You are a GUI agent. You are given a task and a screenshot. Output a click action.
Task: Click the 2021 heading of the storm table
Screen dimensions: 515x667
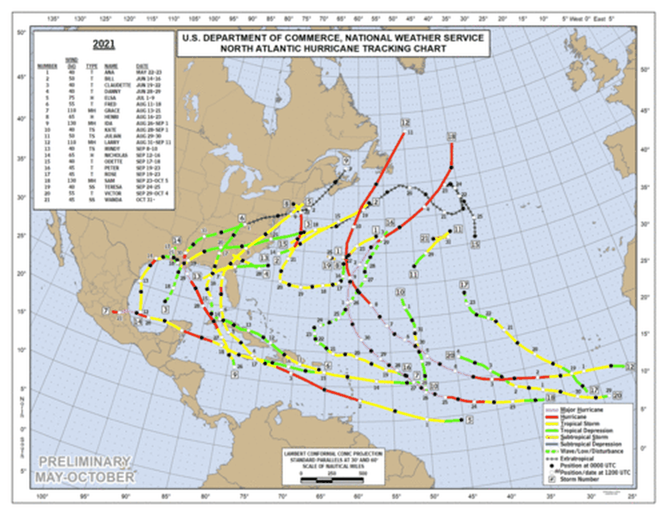click(104, 44)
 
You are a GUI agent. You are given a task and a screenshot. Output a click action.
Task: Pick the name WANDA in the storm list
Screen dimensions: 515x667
click(112, 188)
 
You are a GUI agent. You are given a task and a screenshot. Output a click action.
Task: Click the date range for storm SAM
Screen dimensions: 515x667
click(152, 173)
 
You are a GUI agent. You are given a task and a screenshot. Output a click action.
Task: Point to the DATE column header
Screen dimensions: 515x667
click(142, 66)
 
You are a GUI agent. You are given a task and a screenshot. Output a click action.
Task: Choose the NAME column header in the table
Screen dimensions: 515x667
click(110, 66)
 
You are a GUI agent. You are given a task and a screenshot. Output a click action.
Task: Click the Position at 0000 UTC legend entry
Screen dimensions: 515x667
click(585, 465)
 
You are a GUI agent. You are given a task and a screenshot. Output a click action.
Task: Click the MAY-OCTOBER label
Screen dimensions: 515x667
click(84, 477)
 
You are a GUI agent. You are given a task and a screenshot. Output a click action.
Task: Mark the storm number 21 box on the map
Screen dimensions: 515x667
click(425, 238)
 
